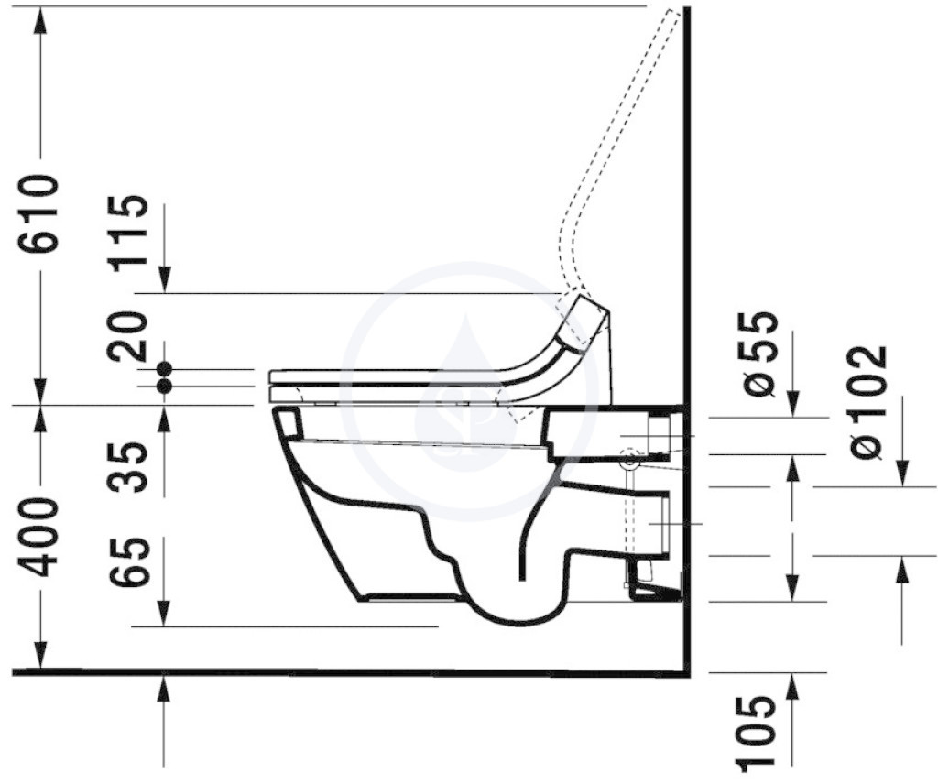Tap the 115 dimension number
128,234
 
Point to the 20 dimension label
128,336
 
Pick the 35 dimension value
128,466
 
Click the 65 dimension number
128,561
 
